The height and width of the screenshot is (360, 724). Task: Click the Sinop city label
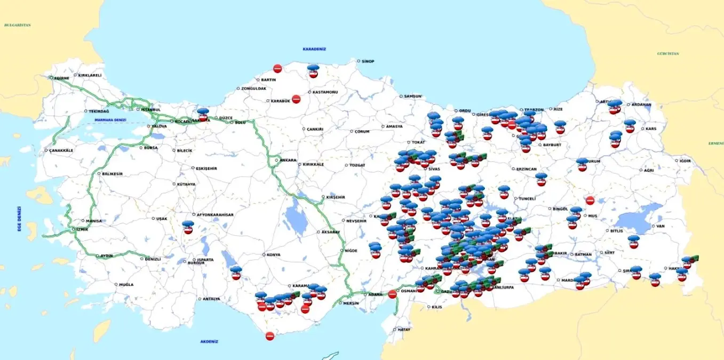[368, 61]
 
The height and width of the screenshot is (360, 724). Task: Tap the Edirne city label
[61, 78]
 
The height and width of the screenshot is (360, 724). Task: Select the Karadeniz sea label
[314, 49]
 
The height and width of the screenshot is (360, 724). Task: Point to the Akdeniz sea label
[209, 341]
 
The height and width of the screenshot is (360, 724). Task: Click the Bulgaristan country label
[18, 25]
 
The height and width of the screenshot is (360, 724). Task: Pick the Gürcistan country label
[668, 54]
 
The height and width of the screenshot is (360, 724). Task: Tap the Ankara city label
[288, 160]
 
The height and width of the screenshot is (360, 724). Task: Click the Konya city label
[273, 255]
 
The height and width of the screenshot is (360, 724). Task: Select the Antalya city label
[211, 299]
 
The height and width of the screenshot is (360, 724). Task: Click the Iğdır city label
[685, 161]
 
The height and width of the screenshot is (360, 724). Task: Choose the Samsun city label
[412, 97]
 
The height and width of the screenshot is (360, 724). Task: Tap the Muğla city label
[126, 285]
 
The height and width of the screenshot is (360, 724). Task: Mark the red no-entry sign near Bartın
[277, 68]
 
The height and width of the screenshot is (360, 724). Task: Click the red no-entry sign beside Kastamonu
[296, 99]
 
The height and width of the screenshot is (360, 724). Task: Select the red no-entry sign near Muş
[590, 201]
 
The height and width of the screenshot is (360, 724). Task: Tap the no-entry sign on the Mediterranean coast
[270, 336]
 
